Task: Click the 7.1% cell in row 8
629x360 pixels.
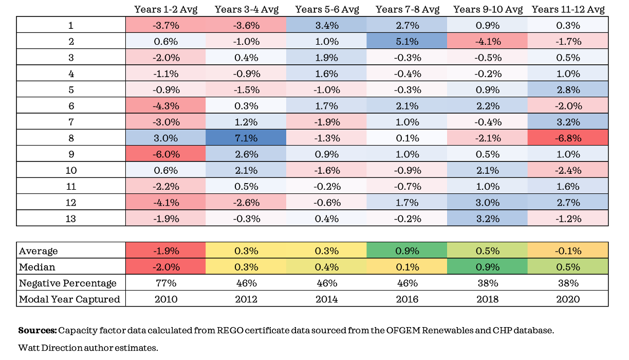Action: [246, 138]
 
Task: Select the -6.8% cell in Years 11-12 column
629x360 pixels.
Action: [568, 138]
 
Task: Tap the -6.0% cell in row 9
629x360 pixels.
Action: [165, 154]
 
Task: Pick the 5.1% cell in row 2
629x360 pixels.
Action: [407, 42]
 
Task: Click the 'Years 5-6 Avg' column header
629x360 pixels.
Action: [326, 9]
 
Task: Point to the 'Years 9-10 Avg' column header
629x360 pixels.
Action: [488, 9]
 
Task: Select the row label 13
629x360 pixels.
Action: [71, 219]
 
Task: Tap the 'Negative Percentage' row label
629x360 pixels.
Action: [68, 283]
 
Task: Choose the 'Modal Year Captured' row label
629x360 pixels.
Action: [69, 299]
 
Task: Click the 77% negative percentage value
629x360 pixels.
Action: [165, 283]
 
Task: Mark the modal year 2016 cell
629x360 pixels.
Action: [407, 299]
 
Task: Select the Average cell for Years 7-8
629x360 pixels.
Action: [407, 251]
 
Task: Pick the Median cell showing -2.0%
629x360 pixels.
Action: [165, 267]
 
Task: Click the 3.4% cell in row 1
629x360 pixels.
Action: [326, 25]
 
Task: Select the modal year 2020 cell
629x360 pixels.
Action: [568, 299]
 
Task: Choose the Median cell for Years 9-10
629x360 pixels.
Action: [488, 267]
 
